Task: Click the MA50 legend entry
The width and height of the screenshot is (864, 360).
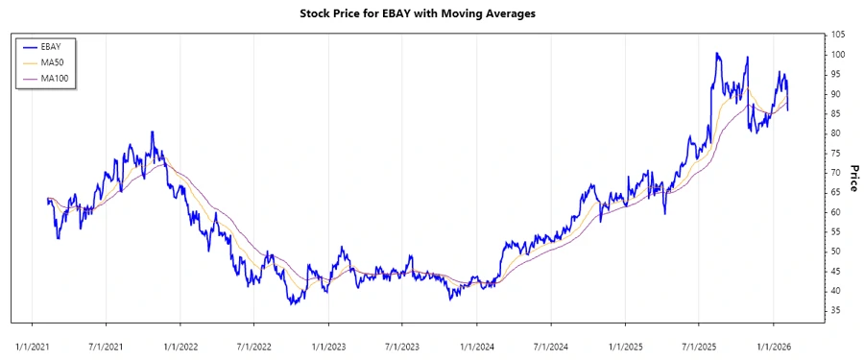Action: click(x=55, y=62)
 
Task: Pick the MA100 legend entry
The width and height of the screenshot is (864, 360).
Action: click(x=57, y=78)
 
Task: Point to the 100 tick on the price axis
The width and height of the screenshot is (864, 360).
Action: click(x=839, y=55)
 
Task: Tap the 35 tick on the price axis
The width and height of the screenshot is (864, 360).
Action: click(x=837, y=311)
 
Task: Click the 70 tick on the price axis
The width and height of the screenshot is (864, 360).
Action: click(x=837, y=173)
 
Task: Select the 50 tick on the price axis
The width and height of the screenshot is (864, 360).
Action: click(x=837, y=252)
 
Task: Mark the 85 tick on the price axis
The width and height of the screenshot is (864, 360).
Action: click(x=837, y=113)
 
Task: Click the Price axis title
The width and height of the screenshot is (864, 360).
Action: click(x=852, y=179)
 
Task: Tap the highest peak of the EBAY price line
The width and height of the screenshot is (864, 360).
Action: click(x=716, y=54)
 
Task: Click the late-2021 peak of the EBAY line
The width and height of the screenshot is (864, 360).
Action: click(x=152, y=132)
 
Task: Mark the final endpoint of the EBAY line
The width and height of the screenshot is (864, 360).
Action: click(x=788, y=110)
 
